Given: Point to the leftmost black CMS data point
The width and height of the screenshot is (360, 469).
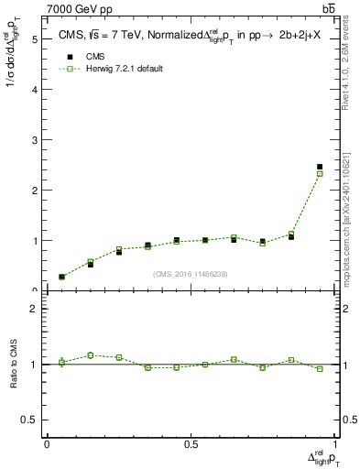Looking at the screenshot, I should pos(61,277).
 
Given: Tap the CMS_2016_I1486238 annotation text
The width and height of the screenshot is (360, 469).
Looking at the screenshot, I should pos(191,274).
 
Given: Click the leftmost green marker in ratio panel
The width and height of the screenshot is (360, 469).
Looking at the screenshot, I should pos(61,363).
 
